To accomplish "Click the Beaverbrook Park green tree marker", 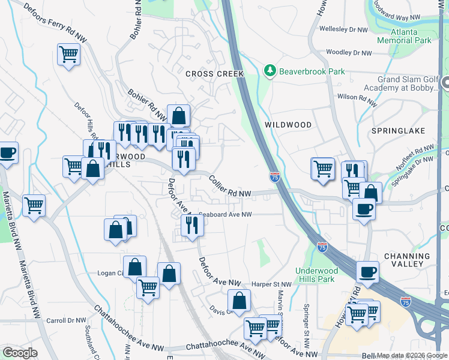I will click(x=270, y=71).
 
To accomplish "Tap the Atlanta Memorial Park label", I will click(x=404, y=35).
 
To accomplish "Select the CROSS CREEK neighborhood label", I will click(x=214, y=74).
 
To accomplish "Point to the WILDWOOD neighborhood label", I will click(x=288, y=125).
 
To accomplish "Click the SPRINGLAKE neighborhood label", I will click(x=398, y=130).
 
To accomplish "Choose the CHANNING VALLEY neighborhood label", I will click(x=407, y=260).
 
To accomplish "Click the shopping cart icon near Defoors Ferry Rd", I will click(x=69, y=55).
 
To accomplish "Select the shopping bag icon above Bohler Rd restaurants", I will click(x=179, y=115).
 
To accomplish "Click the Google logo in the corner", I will click(x=20, y=353).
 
